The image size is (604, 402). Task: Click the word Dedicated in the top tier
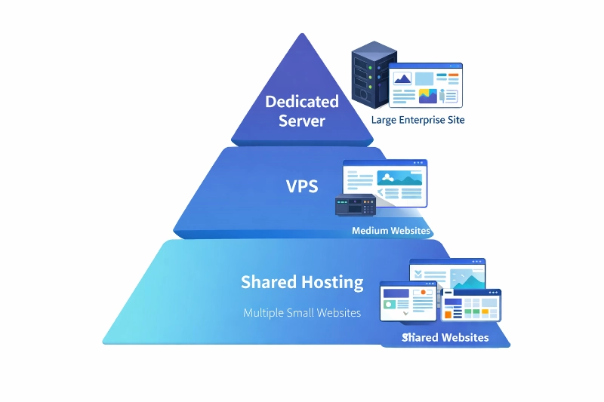(302, 102)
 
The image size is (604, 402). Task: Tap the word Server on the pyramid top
(302, 121)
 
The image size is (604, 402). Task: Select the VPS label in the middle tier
(302, 186)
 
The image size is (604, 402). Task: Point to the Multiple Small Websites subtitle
(302, 312)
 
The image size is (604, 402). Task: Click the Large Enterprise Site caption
(418, 120)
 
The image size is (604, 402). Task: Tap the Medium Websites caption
(391, 231)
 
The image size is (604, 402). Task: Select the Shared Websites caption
(445, 337)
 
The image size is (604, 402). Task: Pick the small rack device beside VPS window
(356, 204)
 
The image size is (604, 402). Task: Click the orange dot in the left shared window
(424, 292)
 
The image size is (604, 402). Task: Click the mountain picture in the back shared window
(466, 278)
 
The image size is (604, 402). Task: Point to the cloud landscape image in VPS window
(399, 179)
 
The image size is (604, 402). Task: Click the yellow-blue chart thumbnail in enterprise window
(428, 96)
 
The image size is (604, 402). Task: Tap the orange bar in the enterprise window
(453, 75)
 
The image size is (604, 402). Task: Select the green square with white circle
(390, 305)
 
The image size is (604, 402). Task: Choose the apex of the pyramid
(302, 35)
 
